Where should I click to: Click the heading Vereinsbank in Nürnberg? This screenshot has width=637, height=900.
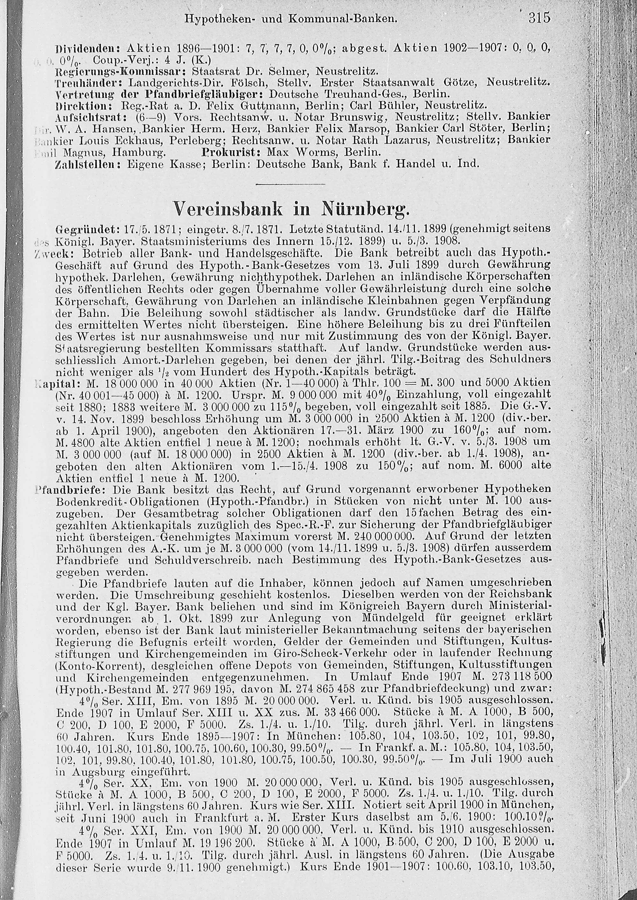point(291,209)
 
